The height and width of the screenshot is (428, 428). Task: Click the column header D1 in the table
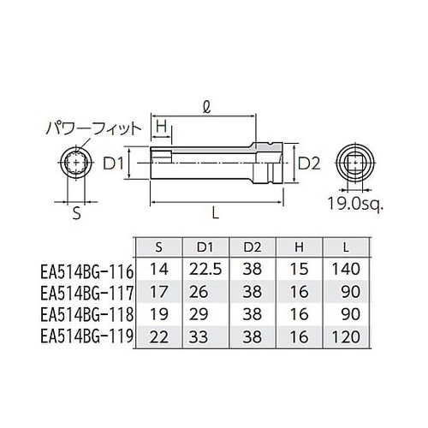(x=205, y=247)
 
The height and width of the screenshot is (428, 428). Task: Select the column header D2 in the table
(x=253, y=247)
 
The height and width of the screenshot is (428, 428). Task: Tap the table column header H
(x=299, y=247)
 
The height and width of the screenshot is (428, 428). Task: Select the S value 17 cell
(x=158, y=292)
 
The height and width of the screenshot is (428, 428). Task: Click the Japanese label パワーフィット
(x=92, y=130)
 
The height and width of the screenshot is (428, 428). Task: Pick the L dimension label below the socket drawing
(x=222, y=213)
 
